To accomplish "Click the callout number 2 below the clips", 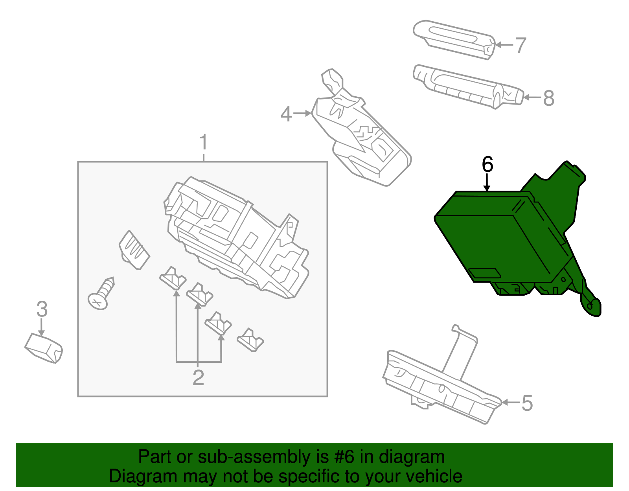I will (198, 378).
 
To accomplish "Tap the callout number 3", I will (42, 309).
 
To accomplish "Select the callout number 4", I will (286, 114).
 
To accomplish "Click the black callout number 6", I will (487, 164).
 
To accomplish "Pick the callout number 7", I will (520, 45).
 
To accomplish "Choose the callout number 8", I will (548, 98).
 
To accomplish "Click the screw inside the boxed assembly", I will (101, 294).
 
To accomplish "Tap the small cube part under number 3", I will (44, 348).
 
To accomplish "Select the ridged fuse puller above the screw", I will (134, 250).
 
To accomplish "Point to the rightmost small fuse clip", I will (250, 340).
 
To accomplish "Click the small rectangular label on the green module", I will (485, 273).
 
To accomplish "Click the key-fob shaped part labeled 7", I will (454, 39).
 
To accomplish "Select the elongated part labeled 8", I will (468, 86).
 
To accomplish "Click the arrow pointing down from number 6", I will (487, 183).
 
